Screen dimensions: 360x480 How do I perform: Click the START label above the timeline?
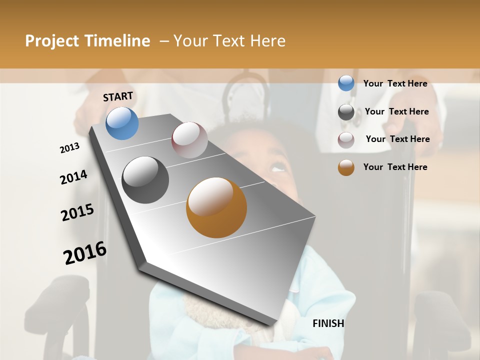[x=118, y=96]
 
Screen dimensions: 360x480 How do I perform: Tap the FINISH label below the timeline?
[x=328, y=323]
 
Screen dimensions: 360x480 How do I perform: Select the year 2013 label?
[x=69, y=148]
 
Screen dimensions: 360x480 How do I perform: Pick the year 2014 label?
[x=73, y=177]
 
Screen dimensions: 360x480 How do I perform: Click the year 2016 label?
[x=85, y=253]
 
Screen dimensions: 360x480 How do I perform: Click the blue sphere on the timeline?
[x=122, y=123]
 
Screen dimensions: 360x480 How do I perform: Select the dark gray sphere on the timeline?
[x=145, y=180]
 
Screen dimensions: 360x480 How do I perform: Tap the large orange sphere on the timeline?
[x=216, y=207]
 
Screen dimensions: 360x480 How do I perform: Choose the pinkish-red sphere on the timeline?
[x=189, y=140]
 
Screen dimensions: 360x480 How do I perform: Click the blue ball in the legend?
[x=346, y=83]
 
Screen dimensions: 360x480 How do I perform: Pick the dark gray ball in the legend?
[x=346, y=112]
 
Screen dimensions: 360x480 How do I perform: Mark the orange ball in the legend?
[x=346, y=167]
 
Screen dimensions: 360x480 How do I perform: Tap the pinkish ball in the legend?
[x=346, y=140]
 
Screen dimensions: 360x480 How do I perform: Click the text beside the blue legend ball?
[x=395, y=83]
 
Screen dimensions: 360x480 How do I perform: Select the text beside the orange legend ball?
[x=395, y=167]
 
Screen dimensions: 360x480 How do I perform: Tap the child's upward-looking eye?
[x=277, y=168]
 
